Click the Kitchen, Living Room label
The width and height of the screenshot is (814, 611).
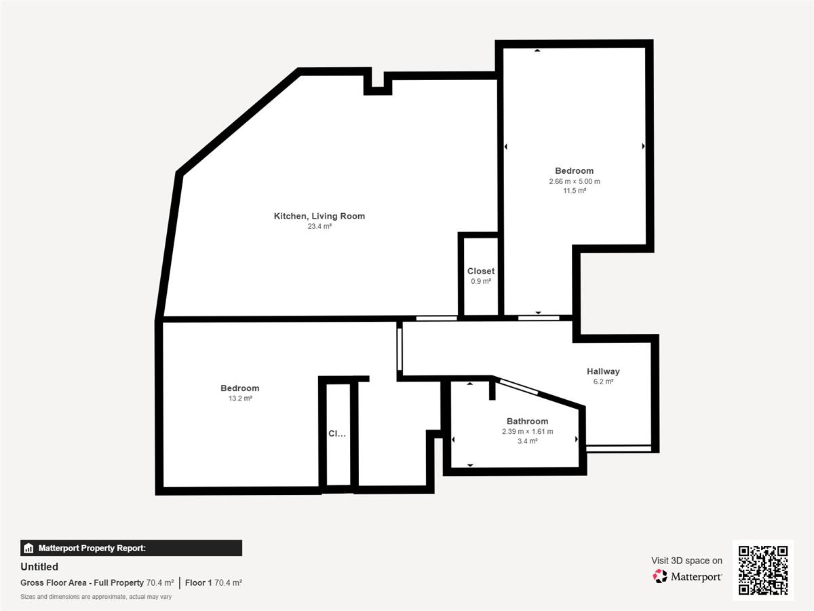[x=319, y=216]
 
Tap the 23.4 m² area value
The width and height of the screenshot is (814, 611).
[x=319, y=226]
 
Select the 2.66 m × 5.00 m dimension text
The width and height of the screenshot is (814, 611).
[x=575, y=181]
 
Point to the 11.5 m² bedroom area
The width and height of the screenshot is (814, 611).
[x=575, y=191]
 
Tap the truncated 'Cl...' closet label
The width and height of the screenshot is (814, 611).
[x=337, y=433]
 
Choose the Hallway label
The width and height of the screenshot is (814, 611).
[x=603, y=371]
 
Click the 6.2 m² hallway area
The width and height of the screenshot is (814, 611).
[x=603, y=382]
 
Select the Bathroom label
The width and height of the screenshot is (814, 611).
[x=527, y=421]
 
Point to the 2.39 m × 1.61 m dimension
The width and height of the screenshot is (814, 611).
[x=527, y=432]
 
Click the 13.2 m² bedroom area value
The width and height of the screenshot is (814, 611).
[x=240, y=399]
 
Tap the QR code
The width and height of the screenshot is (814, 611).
[x=763, y=570]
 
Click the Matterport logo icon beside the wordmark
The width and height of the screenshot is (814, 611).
[x=660, y=576]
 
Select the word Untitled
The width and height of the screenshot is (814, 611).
[x=39, y=566]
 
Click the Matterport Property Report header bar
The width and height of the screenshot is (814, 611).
[x=132, y=548]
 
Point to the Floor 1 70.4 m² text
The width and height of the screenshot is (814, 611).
[x=214, y=582]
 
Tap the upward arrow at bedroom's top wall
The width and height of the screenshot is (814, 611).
[x=537, y=50]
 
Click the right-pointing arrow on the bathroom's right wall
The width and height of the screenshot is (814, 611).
[x=577, y=439]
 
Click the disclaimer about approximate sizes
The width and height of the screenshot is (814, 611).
[x=96, y=597]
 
